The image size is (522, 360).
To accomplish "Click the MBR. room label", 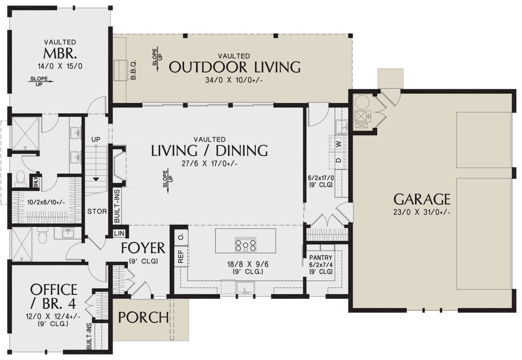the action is pyautogui.click(x=60, y=53).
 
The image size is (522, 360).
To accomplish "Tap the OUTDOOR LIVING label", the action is pyautogui.click(x=234, y=67).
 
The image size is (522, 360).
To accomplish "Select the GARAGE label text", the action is pyautogui.click(x=422, y=199).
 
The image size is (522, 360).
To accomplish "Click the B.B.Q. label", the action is pyautogui.click(x=133, y=70).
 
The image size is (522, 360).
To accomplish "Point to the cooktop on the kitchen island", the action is pyautogui.click(x=245, y=245).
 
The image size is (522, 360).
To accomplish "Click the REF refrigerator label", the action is pyautogui.click(x=181, y=257).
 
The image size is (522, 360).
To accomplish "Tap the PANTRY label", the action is pyautogui.click(x=321, y=257).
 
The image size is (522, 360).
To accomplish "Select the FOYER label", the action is pyautogui.click(x=143, y=248).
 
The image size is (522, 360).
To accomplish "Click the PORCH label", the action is pyautogui.click(x=144, y=317).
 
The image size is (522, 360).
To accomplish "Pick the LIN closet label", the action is pyautogui.click(x=119, y=233).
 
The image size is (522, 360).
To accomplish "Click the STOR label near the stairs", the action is pyautogui.click(x=97, y=211).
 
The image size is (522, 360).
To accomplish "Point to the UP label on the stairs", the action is pyautogui.click(x=96, y=140).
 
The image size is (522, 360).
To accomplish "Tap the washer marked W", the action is pyautogui.click(x=338, y=143).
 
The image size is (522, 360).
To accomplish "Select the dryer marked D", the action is pyautogui.click(x=338, y=160).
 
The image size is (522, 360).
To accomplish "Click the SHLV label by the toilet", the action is pyautogui.click(x=36, y=182).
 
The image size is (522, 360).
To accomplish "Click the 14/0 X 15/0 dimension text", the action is pyautogui.click(x=60, y=67).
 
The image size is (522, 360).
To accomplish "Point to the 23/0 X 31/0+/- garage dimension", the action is pyautogui.click(x=422, y=212).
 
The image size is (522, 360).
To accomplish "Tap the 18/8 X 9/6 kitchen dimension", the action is pyautogui.click(x=248, y=264).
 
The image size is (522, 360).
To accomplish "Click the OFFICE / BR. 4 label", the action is pyautogui.click(x=54, y=296).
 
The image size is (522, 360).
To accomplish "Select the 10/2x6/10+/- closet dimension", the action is pyautogui.click(x=46, y=202).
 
